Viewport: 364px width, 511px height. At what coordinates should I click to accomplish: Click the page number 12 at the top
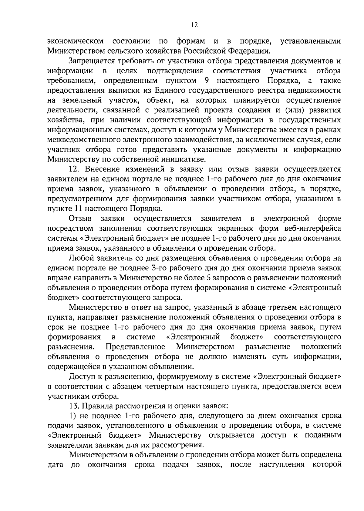click(x=194, y=25)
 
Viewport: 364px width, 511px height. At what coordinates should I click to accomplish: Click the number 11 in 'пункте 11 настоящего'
click(x=77, y=209)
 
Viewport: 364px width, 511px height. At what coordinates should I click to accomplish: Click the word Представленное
click(x=135, y=347)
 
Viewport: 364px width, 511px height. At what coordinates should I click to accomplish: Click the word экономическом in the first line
click(x=75, y=41)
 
